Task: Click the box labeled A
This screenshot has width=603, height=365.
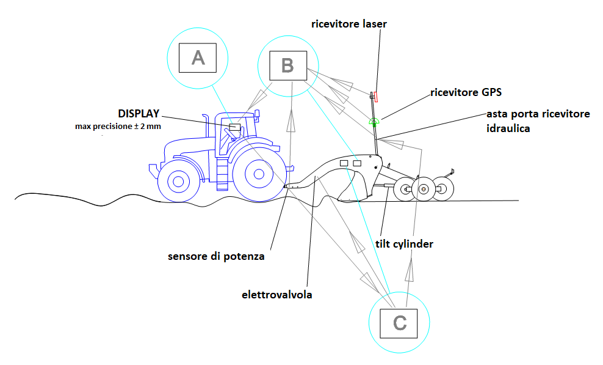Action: [x=198, y=57]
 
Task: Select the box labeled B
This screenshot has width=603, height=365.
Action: [x=287, y=65]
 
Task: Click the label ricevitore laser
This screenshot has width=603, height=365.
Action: [x=349, y=24]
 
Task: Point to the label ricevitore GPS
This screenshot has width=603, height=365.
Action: [x=466, y=93]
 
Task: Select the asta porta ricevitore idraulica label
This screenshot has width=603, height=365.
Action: [x=538, y=121]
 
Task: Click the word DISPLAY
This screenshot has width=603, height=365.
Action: [x=139, y=114]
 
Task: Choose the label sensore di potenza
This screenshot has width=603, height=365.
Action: [x=216, y=256]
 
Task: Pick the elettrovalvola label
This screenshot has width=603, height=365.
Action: [x=277, y=295]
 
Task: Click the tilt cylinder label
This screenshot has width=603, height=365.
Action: [x=404, y=244]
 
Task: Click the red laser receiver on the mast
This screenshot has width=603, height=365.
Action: [x=377, y=96]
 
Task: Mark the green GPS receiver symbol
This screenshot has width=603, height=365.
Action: [x=374, y=120]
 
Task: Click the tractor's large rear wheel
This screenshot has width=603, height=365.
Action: [x=259, y=174]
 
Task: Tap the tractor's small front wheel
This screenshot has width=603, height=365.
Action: [x=178, y=181]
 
